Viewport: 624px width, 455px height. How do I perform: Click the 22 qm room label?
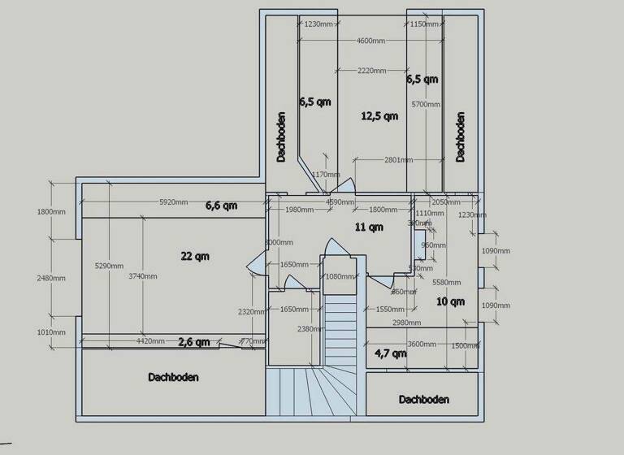tap(195, 256)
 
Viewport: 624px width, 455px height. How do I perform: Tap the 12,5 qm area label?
tap(379, 116)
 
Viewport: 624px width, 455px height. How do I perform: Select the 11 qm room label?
tap(370, 227)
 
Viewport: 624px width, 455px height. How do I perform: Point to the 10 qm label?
tap(449, 302)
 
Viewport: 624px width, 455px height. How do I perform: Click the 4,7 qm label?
tap(390, 353)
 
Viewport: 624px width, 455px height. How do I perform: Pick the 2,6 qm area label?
tap(194, 342)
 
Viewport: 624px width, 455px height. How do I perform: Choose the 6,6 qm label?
tap(221, 206)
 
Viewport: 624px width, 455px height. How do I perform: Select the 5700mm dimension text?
tap(425, 104)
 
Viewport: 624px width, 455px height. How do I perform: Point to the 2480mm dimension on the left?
tap(50, 278)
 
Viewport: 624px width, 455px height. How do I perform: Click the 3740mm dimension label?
tap(142, 276)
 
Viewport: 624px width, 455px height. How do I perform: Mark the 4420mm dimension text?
tap(149, 342)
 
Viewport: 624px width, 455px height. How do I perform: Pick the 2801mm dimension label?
tap(400, 159)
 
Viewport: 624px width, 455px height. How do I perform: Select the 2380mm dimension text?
tap(309, 329)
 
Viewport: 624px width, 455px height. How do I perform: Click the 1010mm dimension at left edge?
tap(50, 332)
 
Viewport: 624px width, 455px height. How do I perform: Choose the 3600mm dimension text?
tap(422, 344)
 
